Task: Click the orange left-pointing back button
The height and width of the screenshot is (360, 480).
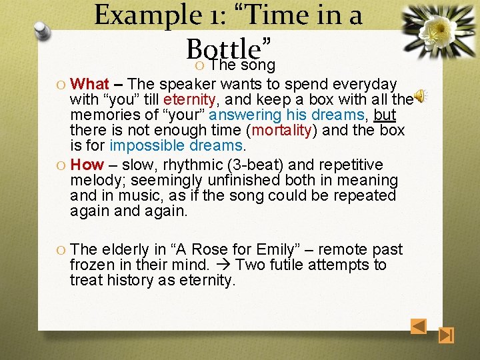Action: pyautogui.click(x=418, y=327)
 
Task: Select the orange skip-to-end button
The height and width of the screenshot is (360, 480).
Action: pyautogui.click(x=447, y=335)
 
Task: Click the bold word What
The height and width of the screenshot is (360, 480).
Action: pyautogui.click(x=89, y=84)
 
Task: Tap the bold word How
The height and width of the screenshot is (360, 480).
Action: pyautogui.click(x=87, y=165)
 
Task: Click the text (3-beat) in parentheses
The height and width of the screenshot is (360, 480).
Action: pyautogui.click(x=251, y=165)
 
